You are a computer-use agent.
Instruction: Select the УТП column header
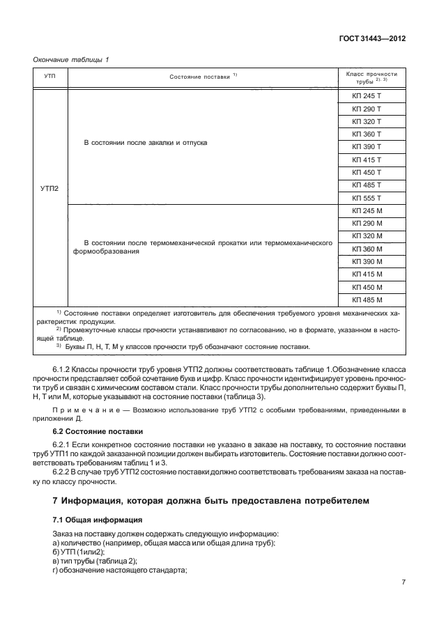(x=50, y=76)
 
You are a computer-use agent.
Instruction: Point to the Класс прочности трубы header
(x=371, y=77)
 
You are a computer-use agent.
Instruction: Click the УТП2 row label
(x=50, y=188)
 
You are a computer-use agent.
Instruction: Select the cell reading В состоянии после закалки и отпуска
(x=146, y=142)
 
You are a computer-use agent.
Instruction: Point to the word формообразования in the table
(x=106, y=253)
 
